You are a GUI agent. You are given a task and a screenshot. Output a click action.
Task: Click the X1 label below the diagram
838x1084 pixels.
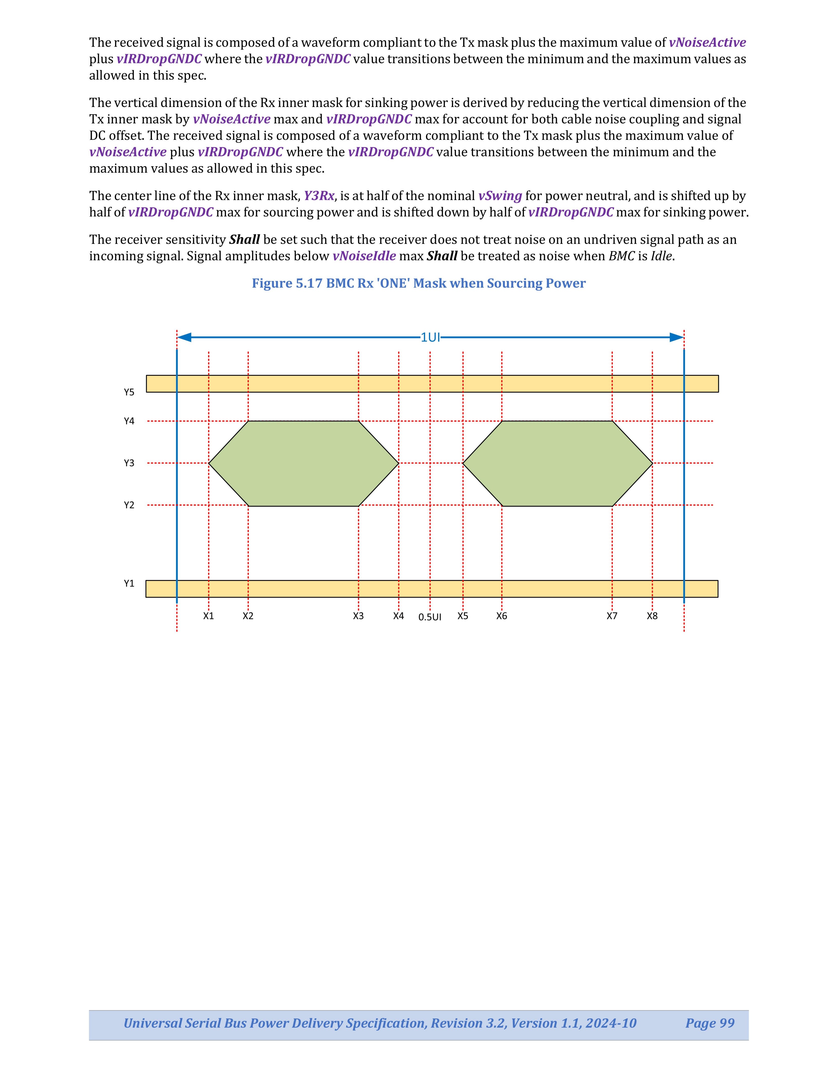[208, 616]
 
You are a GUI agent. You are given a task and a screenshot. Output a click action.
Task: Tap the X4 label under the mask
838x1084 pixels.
[399, 616]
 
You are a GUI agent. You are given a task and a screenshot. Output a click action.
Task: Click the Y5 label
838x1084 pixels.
[129, 392]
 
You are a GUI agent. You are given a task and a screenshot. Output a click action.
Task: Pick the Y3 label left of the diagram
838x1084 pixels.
[129, 463]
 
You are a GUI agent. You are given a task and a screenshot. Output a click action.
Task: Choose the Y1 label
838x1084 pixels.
[129, 583]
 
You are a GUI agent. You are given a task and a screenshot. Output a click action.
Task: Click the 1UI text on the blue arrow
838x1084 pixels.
[430, 337]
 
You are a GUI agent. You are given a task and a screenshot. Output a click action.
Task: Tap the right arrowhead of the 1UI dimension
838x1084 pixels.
[677, 337]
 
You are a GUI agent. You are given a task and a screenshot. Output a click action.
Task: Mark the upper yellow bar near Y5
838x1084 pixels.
[432, 384]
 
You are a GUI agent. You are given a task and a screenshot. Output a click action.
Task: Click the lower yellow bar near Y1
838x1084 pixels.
[432, 589]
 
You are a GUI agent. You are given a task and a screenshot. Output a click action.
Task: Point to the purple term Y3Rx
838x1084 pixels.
[319, 196]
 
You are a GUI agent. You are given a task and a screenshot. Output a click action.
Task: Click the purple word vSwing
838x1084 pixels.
[500, 196]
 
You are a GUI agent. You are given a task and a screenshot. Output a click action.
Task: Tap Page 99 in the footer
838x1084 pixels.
[709, 1023]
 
